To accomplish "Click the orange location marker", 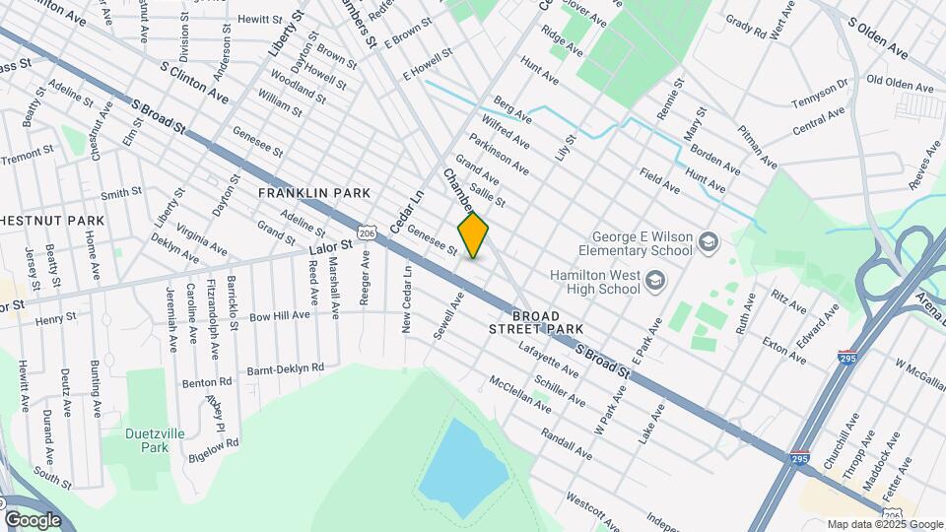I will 474,235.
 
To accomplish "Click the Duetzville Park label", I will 148,439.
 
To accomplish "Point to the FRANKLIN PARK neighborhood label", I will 313,193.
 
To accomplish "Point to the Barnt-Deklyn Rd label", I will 285,368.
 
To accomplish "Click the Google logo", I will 33,520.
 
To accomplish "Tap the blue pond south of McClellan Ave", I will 463,469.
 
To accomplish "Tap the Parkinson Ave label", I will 499,154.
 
